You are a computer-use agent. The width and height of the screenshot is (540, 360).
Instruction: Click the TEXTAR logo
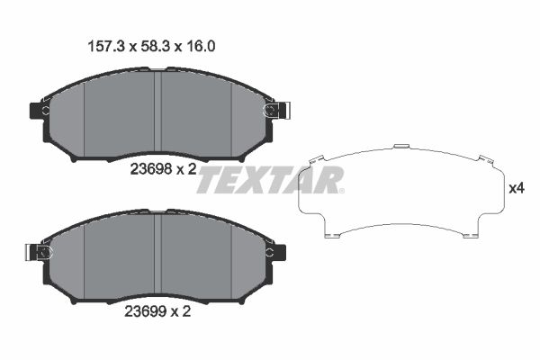click(268, 179)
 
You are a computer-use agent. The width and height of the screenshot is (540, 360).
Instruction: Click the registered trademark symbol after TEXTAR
click(340, 190)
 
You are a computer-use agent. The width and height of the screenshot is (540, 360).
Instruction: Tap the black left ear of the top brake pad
click(39, 111)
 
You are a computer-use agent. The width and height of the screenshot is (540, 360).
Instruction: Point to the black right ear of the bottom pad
click(278, 253)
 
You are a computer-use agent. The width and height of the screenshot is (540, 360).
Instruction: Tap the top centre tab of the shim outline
click(400, 145)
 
